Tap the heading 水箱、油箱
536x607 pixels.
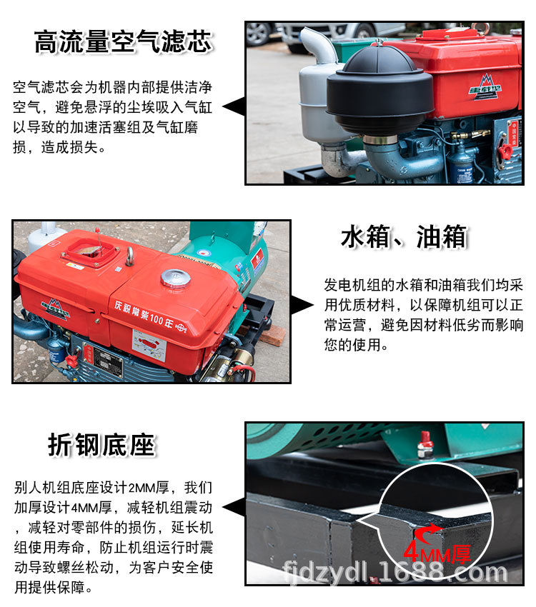click(403, 237)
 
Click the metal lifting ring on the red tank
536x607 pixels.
click(130, 255)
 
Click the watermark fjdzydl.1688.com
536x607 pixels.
click(395, 572)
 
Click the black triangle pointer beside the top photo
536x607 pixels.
click(232, 107)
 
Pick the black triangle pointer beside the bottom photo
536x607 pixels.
click(232, 508)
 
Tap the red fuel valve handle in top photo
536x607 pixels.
click(505, 150)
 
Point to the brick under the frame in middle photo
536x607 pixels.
click(272, 336)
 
